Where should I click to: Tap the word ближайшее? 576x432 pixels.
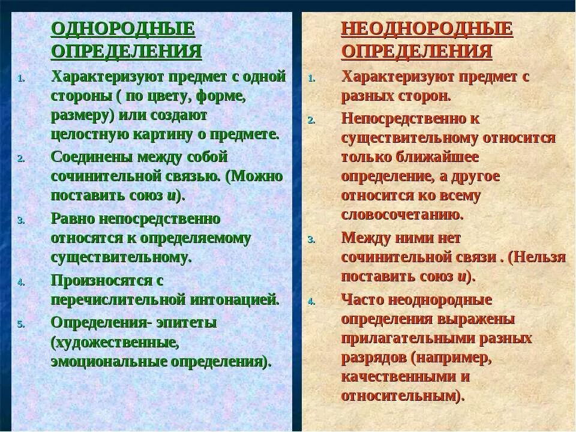point(445,157)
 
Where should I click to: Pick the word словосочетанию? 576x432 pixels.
point(402,214)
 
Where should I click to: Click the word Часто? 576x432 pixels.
point(362,299)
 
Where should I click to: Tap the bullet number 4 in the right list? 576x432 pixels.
point(311,302)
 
